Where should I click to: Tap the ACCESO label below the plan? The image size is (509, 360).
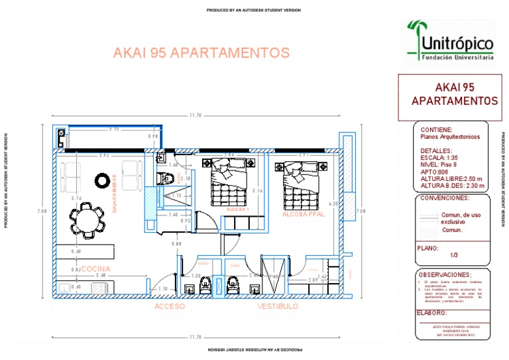(x=170, y=307)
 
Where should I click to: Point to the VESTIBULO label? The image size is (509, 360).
(x=278, y=307)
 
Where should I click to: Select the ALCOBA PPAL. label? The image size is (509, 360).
(x=303, y=215)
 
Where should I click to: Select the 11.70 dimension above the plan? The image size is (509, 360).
(x=195, y=115)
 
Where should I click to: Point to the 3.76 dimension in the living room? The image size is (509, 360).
(x=76, y=198)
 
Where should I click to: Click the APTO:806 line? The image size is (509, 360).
(x=435, y=172)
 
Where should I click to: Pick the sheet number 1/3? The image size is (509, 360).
(x=454, y=255)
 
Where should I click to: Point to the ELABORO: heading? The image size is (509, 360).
(x=433, y=313)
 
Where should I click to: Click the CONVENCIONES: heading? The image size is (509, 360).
(x=445, y=198)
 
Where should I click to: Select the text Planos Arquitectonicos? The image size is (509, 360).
(x=451, y=137)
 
